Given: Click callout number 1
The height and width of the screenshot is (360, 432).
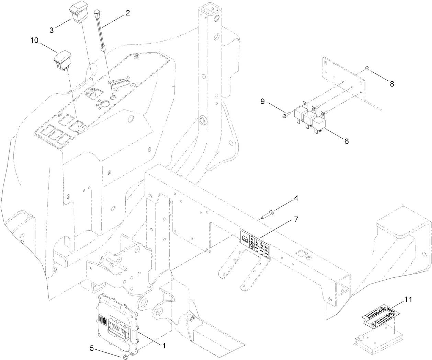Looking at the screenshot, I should click(164, 346).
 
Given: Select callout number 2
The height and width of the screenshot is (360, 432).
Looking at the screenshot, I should click(127, 13).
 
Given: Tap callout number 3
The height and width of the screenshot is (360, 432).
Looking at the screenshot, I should click(52, 30).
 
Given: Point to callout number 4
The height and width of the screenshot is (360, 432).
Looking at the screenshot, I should click(296, 198).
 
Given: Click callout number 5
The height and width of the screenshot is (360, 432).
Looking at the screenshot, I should click(92, 348).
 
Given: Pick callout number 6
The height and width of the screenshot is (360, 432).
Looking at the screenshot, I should click(346, 141).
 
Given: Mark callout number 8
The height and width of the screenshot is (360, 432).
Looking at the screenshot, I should click(392, 83).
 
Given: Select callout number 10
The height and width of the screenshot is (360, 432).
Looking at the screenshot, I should click(34, 40).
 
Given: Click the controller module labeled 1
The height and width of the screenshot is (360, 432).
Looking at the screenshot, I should click(117, 323).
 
